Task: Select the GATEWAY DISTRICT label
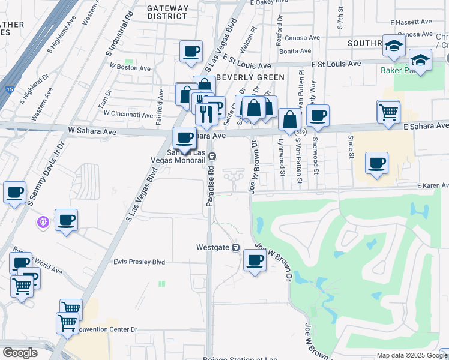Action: pos(168,12)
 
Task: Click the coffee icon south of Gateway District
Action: pos(191,51)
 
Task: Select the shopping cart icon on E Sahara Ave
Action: pos(388,111)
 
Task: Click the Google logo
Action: pos(20,353)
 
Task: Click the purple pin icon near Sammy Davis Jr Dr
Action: pos(43,223)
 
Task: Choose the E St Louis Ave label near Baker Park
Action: pos(336,64)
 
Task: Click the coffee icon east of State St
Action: pos(376,163)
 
